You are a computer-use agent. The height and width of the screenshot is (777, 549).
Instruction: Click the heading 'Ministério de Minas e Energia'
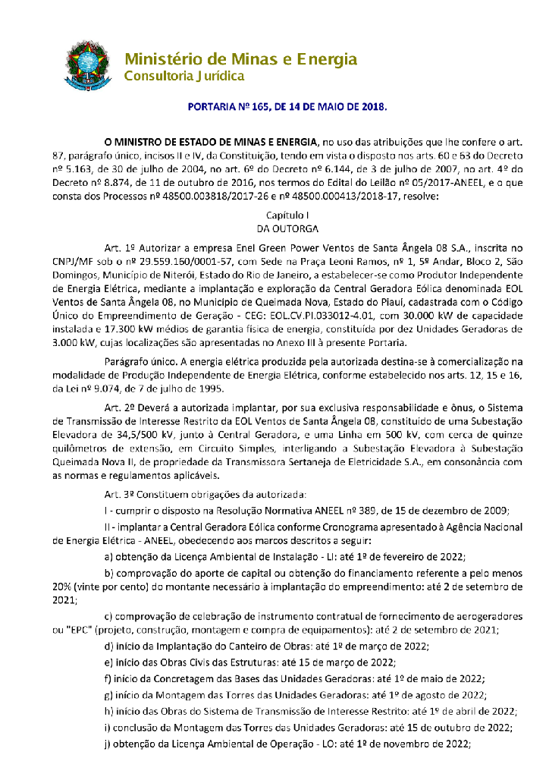[x=240, y=58]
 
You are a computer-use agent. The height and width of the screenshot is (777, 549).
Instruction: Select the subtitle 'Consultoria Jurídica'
[x=184, y=77]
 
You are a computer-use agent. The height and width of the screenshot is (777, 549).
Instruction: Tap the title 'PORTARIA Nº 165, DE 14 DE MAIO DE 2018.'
[x=287, y=107]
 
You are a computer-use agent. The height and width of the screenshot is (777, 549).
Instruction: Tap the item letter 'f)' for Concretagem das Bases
[x=108, y=678]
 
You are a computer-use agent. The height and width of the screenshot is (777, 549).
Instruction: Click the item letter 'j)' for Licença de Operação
[x=108, y=744]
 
